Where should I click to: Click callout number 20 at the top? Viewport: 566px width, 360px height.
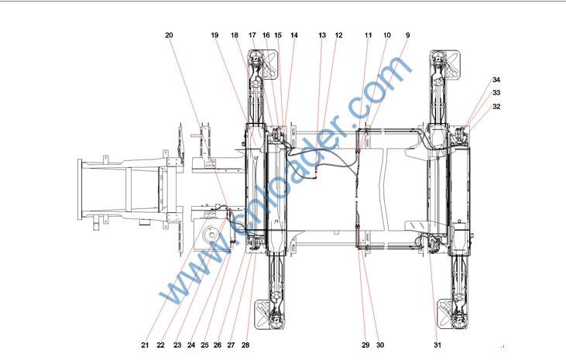pos(169,36)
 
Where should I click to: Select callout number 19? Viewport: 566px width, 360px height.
pos(214,36)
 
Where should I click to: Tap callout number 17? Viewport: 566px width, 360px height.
pos(252,36)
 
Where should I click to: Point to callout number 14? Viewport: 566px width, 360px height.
pos(294,36)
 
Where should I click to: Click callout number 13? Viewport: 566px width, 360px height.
pos(322,36)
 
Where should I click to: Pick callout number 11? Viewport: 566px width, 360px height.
pos(369,36)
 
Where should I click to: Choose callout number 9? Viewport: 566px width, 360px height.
pos(408,36)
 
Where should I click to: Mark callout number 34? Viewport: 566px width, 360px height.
pos(496,80)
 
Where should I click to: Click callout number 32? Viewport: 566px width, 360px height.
pos(496,107)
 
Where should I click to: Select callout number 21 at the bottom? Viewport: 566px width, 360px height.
pos(145,345)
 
